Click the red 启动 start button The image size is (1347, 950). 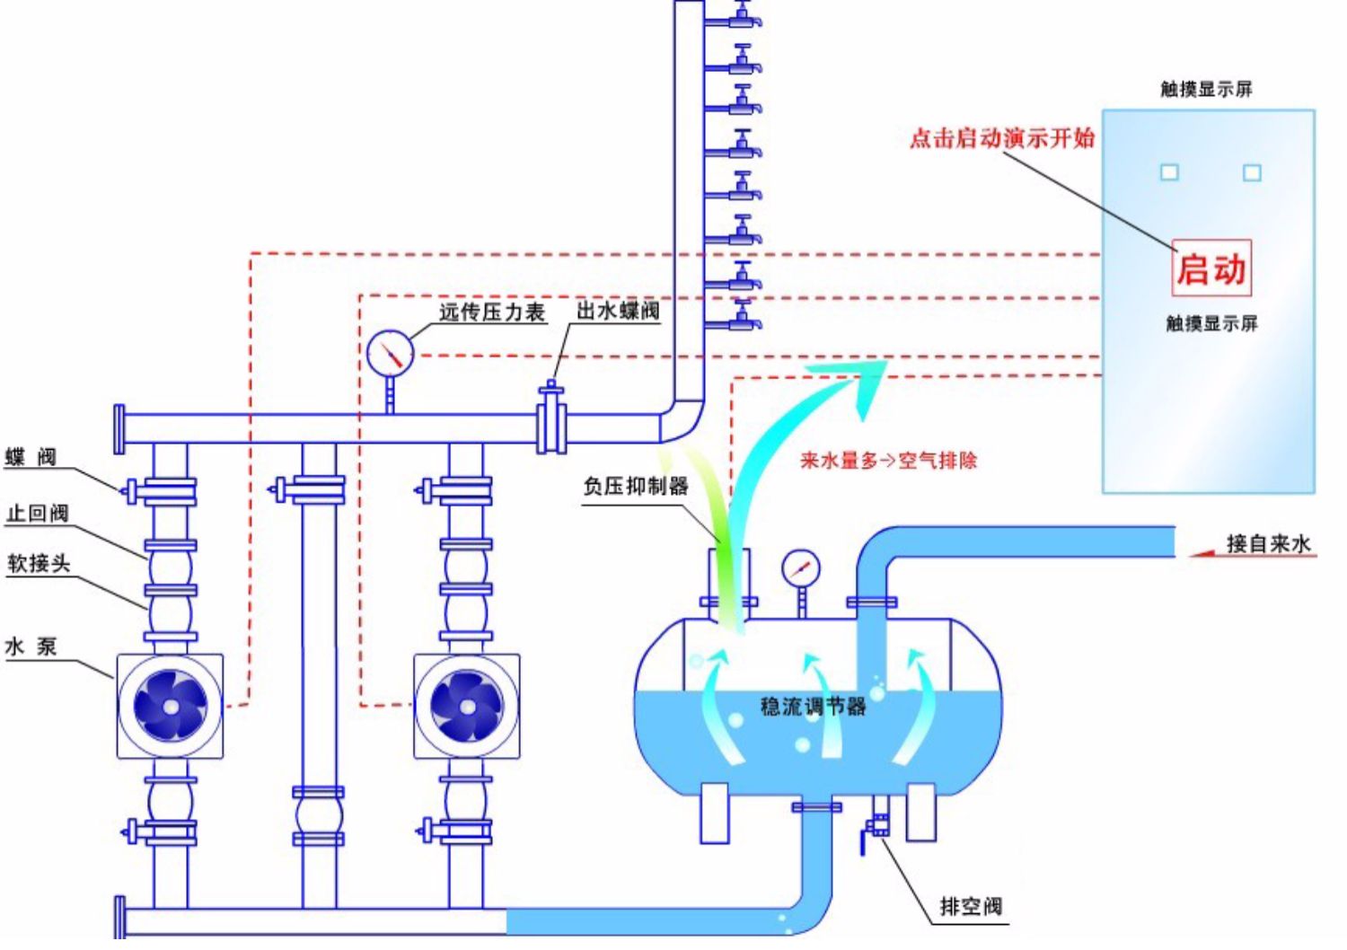1211,268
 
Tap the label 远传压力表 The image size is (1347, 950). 492,312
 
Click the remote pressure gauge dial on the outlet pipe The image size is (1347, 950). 390,353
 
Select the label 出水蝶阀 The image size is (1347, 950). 618,311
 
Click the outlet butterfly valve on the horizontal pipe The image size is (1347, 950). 550,418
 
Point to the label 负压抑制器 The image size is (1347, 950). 636,486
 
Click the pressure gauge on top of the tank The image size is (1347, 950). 800,568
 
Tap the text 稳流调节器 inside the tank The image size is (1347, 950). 813,706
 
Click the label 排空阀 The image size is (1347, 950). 971,906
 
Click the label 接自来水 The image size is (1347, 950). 1268,543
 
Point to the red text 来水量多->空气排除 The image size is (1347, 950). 888,461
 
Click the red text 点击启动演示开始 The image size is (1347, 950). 1002,137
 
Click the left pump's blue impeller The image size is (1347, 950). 170,706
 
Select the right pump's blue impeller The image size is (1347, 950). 466,706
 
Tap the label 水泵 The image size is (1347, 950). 31,646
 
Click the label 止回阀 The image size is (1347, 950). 38,513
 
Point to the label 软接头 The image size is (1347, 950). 39,563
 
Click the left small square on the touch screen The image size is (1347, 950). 1169,172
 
